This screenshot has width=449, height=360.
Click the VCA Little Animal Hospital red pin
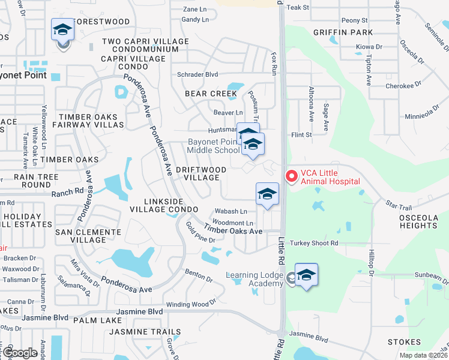[292, 176]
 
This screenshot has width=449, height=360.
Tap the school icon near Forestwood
[62, 31]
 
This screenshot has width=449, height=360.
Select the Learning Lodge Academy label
[255, 279]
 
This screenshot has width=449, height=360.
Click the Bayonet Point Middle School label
[214, 146]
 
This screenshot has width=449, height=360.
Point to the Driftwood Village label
[201, 173]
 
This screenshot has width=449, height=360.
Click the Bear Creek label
[211, 94]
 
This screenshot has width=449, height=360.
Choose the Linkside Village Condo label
[163, 205]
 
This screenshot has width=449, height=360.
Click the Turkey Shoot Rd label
[314, 243]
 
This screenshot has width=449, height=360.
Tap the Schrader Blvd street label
[197, 75]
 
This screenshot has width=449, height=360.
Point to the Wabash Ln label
[231, 211]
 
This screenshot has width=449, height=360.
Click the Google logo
[20, 353]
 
